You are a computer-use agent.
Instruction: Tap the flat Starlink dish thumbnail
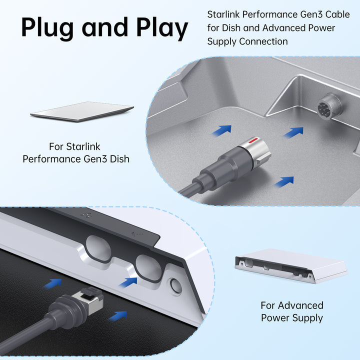tap(82, 111)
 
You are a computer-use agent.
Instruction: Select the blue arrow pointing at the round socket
tap(294, 132)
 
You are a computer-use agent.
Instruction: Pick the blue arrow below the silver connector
tap(284, 181)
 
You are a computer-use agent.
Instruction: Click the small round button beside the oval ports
tap(175, 285)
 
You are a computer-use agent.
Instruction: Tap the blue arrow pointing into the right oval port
tap(128, 282)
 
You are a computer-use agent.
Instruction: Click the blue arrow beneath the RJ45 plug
tap(117, 315)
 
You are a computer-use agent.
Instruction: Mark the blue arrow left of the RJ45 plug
tap(52, 283)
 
